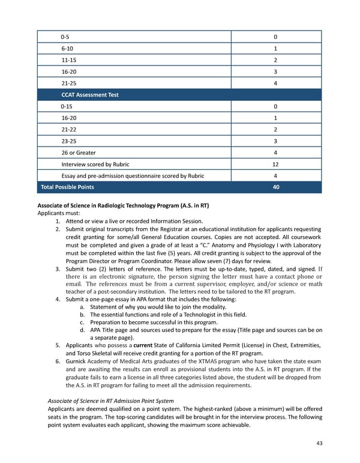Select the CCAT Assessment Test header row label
89,94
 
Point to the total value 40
275,187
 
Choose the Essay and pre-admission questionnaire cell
132,176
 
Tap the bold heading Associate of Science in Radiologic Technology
123,205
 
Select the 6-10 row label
67,49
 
